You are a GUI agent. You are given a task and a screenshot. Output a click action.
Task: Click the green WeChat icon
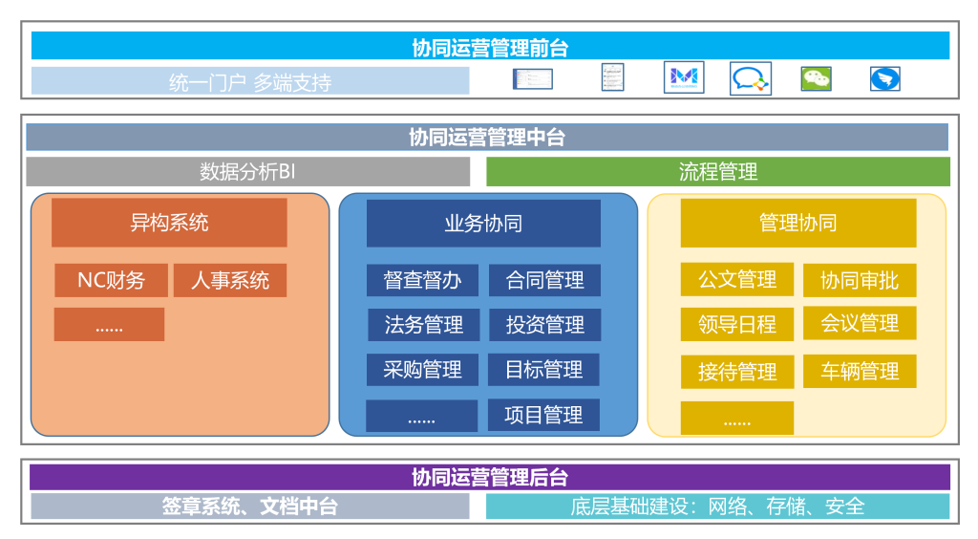816,78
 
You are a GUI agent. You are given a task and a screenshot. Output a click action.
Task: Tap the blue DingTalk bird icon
884,78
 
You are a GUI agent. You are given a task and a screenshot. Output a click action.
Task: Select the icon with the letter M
684,78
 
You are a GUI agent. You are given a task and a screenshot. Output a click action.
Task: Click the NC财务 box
111,280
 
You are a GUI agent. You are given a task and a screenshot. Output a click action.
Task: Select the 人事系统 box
230,280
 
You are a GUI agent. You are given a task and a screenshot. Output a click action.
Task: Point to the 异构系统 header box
169,223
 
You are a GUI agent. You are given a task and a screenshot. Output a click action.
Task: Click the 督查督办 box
423,280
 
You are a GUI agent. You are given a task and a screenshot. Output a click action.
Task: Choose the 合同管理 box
544,280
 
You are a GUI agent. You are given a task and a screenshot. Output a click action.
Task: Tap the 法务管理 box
423,325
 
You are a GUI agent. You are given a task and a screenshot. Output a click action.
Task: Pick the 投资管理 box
544,325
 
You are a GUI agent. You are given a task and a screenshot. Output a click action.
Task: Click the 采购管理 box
423,370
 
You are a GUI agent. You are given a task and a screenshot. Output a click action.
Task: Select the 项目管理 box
544,415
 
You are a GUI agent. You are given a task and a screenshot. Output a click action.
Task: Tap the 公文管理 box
736,279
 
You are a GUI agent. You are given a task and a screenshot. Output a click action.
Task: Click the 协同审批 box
860,280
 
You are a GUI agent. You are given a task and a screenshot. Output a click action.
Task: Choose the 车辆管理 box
860,371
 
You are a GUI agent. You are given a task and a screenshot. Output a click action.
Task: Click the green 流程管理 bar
718,172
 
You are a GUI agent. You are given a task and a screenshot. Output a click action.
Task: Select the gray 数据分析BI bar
248,172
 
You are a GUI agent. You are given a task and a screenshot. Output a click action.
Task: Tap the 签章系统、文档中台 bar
250,507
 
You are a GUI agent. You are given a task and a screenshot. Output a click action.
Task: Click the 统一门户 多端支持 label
250,82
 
